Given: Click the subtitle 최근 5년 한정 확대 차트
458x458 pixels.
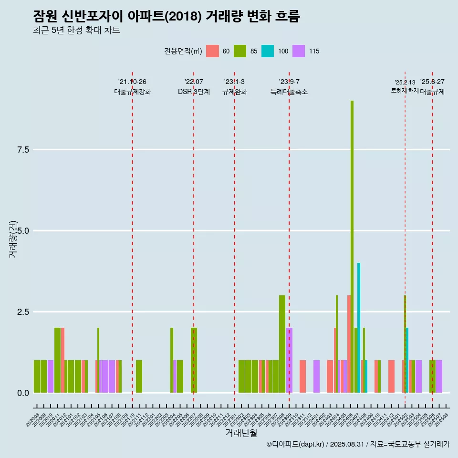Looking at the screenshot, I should tap(76, 31).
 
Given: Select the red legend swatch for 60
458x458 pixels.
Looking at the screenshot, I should tap(212, 51).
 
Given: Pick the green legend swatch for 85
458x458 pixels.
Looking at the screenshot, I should tap(240, 51).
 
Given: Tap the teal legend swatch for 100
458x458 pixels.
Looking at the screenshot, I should tap(268, 51).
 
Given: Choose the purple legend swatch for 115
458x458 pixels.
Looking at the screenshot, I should tap(299, 51).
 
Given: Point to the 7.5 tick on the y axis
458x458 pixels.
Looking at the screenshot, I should tap(23, 150).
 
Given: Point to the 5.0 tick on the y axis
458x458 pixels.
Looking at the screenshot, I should tap(23, 231).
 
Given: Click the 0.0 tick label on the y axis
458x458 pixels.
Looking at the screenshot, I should tap(23, 393).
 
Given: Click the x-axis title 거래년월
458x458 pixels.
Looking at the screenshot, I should tap(241, 433).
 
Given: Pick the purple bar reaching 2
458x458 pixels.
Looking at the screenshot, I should tap(290, 360).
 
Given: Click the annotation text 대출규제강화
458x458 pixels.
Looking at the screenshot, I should tap(133, 92).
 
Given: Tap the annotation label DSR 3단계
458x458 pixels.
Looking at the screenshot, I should tap(194, 92).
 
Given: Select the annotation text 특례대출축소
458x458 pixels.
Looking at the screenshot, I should tap(289, 92).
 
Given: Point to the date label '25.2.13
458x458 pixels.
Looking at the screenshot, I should tap(405, 82).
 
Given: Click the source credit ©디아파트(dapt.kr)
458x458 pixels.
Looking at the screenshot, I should tap(296, 444).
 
